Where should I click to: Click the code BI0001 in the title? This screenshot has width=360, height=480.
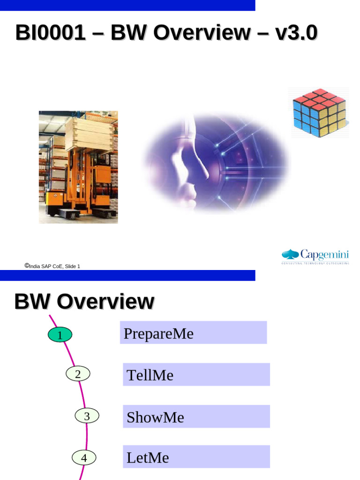50,33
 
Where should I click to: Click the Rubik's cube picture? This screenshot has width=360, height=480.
319,112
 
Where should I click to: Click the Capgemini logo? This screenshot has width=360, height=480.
315,256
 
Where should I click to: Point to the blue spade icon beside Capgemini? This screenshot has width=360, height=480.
290,255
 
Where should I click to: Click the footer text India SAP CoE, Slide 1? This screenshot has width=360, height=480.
55,266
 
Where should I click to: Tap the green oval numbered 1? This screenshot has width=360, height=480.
60,335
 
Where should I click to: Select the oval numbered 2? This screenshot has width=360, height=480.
78,374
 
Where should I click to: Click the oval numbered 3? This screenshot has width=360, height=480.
87,416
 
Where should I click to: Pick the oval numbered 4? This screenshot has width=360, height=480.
84,457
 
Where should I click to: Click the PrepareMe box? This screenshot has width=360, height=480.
193,333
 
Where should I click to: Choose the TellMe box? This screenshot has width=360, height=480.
196,375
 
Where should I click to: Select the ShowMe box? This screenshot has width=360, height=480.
196,417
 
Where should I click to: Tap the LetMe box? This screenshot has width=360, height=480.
196,457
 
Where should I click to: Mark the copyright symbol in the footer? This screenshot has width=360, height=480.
27,265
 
